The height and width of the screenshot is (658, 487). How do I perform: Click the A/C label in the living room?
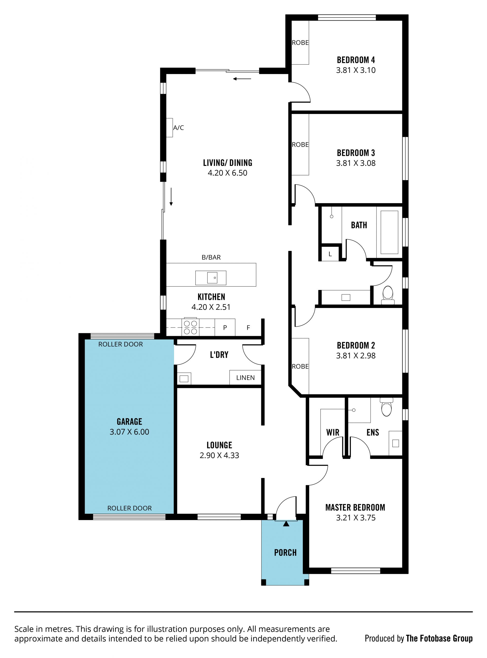pos(178,128)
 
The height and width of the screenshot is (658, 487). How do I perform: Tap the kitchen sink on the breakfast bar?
pos(211,278)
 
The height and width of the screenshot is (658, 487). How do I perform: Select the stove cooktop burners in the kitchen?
pos(190,327)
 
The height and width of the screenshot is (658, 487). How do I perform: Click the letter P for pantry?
pos(225,327)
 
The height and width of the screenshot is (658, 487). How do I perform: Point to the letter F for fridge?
pos(248,327)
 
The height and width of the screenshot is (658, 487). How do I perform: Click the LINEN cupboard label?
pos(245,378)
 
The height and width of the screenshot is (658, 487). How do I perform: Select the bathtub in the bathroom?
pos(389,232)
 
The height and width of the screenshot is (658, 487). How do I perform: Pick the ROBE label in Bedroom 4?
pos(300,43)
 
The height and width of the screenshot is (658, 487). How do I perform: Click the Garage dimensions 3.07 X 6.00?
pos(129,432)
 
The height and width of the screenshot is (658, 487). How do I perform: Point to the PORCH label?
pos(285,552)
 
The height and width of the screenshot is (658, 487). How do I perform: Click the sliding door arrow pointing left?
pos(242,79)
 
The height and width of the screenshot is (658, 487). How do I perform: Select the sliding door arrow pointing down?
pos(171,196)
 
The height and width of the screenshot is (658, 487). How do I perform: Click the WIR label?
pos(333,432)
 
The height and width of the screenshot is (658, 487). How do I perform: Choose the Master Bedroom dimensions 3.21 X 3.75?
pos(356,518)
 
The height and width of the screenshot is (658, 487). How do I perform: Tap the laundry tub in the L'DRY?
pos(184,378)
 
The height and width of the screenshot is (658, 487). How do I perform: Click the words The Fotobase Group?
pos(439,638)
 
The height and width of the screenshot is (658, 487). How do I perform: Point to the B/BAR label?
pos(211,257)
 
